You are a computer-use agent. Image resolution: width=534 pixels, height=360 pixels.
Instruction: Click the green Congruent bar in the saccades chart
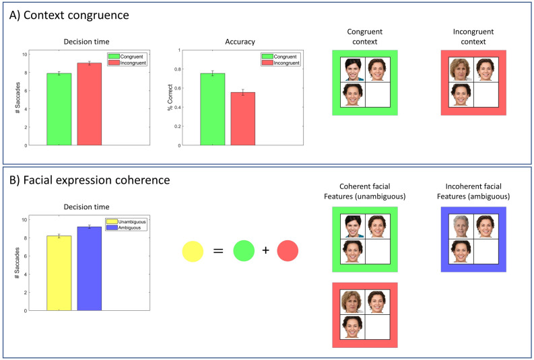59,109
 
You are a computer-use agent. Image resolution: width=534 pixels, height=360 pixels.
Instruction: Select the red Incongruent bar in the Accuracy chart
242,118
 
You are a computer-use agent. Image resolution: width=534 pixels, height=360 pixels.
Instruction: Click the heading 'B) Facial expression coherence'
86,180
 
